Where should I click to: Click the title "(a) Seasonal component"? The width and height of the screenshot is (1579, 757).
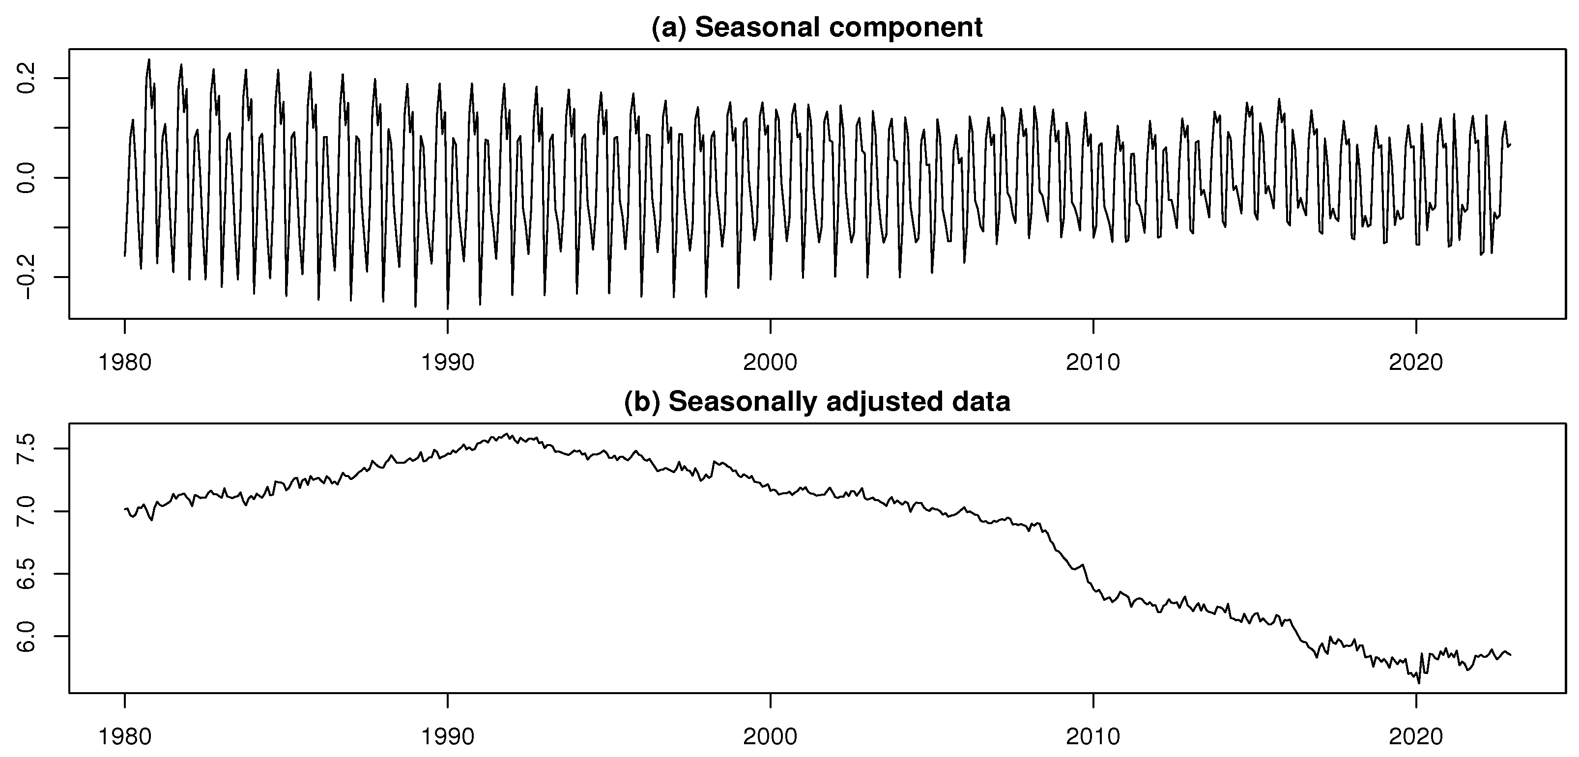817,28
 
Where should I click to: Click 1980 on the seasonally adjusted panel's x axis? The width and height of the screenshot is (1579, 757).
125,736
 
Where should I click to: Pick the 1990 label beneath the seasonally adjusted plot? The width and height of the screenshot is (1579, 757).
448,736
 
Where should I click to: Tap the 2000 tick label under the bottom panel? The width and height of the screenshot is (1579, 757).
771,736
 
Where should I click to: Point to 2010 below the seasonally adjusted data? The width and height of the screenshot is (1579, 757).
1093,736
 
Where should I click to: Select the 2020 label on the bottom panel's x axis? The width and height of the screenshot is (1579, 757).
1416,736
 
